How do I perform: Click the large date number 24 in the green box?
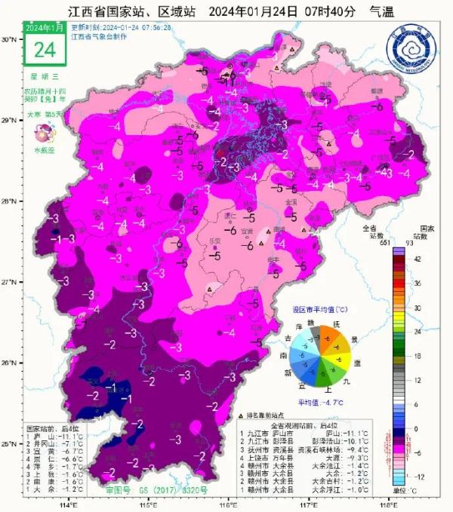click(45, 50)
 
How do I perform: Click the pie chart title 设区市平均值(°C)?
click(321, 310)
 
